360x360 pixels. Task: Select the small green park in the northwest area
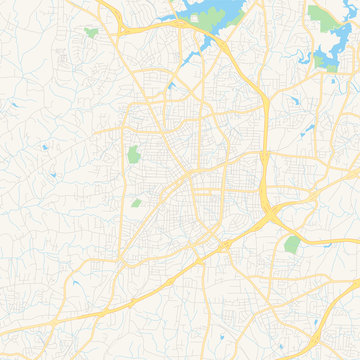pyautogui.click(x=92, y=33)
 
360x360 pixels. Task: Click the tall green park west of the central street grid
pyautogui.click(x=133, y=156)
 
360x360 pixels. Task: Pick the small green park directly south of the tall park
pyautogui.click(x=137, y=203)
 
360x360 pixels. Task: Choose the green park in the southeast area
pyautogui.click(x=292, y=243)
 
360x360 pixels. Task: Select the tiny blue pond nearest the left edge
pyautogui.click(x=45, y=148)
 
